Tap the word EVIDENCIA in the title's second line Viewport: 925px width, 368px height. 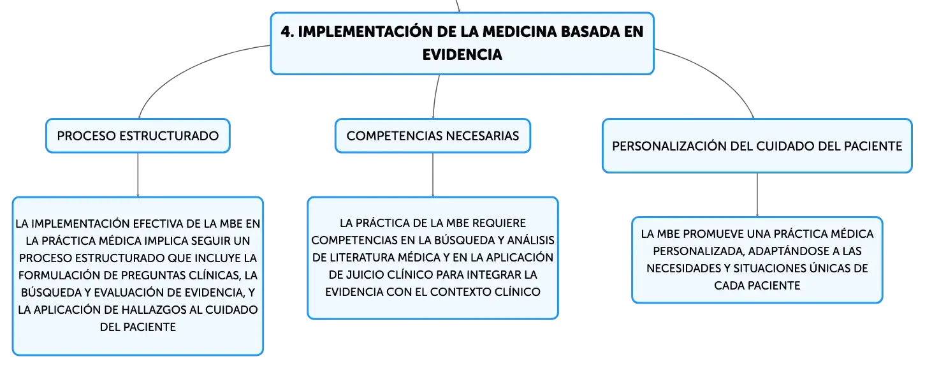pos(462,54)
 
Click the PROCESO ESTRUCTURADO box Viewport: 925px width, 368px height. pos(138,136)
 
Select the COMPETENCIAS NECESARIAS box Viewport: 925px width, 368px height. pos(433,136)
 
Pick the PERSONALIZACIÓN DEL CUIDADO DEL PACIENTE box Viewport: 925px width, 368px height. pos(757,146)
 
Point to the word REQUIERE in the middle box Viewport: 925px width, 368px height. pos(499,223)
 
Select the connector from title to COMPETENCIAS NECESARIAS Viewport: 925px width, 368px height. pos(435,97)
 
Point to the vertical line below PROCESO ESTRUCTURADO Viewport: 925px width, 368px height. pos(138,175)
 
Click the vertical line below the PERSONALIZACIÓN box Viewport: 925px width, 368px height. pos(757,195)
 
